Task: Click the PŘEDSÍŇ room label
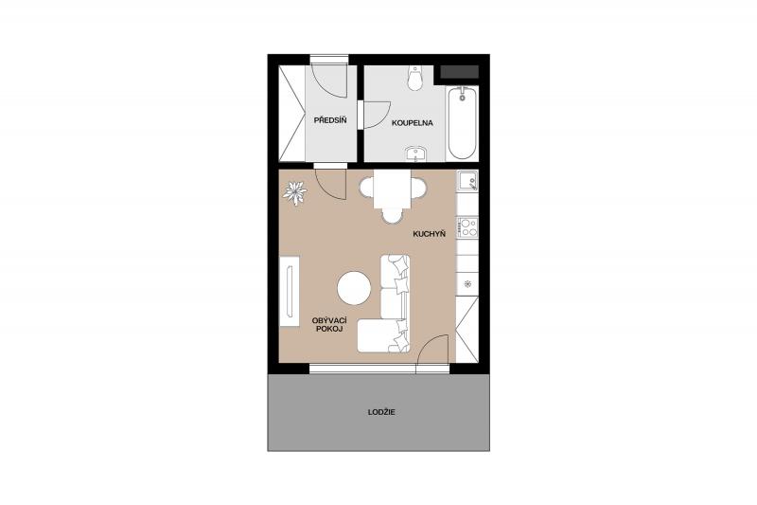point(330,119)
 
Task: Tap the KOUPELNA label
point(413,123)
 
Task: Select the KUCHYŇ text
point(429,234)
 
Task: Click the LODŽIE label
point(381,412)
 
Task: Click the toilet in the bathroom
point(414,78)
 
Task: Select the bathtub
point(462,123)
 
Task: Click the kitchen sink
point(467,181)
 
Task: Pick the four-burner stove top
point(467,227)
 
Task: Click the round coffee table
point(354,288)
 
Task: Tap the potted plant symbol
point(294,192)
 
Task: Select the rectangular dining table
point(392,189)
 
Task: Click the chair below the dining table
point(392,215)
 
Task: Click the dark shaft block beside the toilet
point(459,72)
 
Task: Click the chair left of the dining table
point(367,188)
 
